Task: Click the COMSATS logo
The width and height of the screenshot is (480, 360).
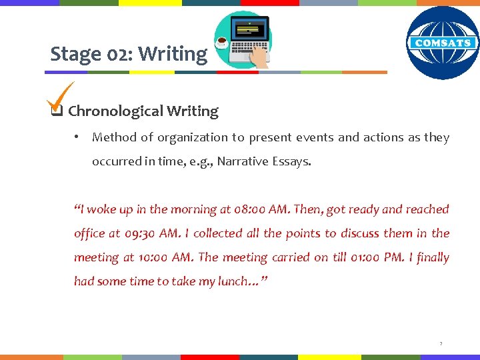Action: [443, 43]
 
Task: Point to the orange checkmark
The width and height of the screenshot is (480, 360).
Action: [59, 97]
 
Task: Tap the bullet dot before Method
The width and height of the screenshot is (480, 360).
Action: [77, 137]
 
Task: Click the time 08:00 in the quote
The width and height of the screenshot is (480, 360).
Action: [249, 209]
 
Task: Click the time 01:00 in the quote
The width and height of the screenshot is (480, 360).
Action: [359, 257]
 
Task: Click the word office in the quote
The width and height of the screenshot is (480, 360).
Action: [89, 233]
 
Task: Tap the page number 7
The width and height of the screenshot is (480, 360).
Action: [441, 344]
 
